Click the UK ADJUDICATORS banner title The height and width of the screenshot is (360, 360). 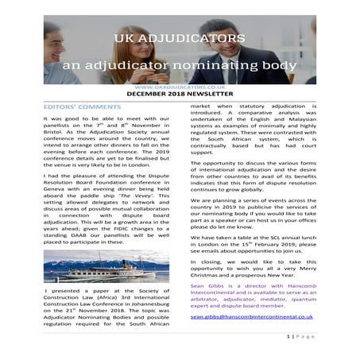180,37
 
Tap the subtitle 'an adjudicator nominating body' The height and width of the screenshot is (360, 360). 180,62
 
